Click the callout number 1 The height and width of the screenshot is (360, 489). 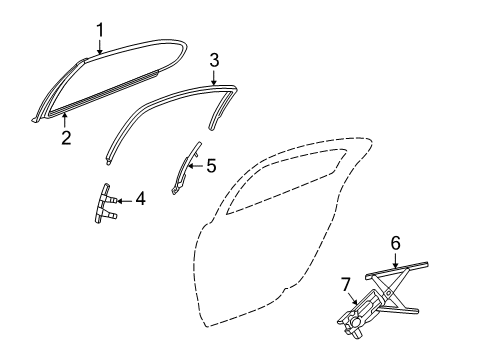[100, 30]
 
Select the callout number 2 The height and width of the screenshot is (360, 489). [65, 139]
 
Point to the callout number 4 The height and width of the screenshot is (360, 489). [140, 199]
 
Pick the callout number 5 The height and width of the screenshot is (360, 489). [210, 166]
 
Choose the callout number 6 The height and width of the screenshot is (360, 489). [395, 242]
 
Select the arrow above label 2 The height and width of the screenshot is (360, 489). [65, 123]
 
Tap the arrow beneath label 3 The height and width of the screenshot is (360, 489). [213, 76]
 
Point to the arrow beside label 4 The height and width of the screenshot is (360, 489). [123, 199]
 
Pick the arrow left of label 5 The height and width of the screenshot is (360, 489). [195, 166]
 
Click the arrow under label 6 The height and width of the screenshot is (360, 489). [395, 260]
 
